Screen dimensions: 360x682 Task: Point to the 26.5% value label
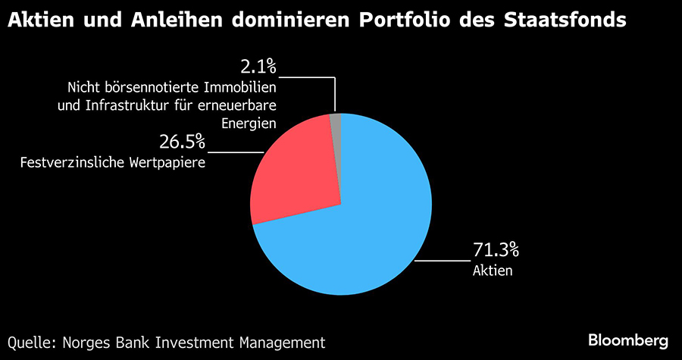click(183, 142)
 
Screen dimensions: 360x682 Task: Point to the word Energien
click(250, 123)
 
